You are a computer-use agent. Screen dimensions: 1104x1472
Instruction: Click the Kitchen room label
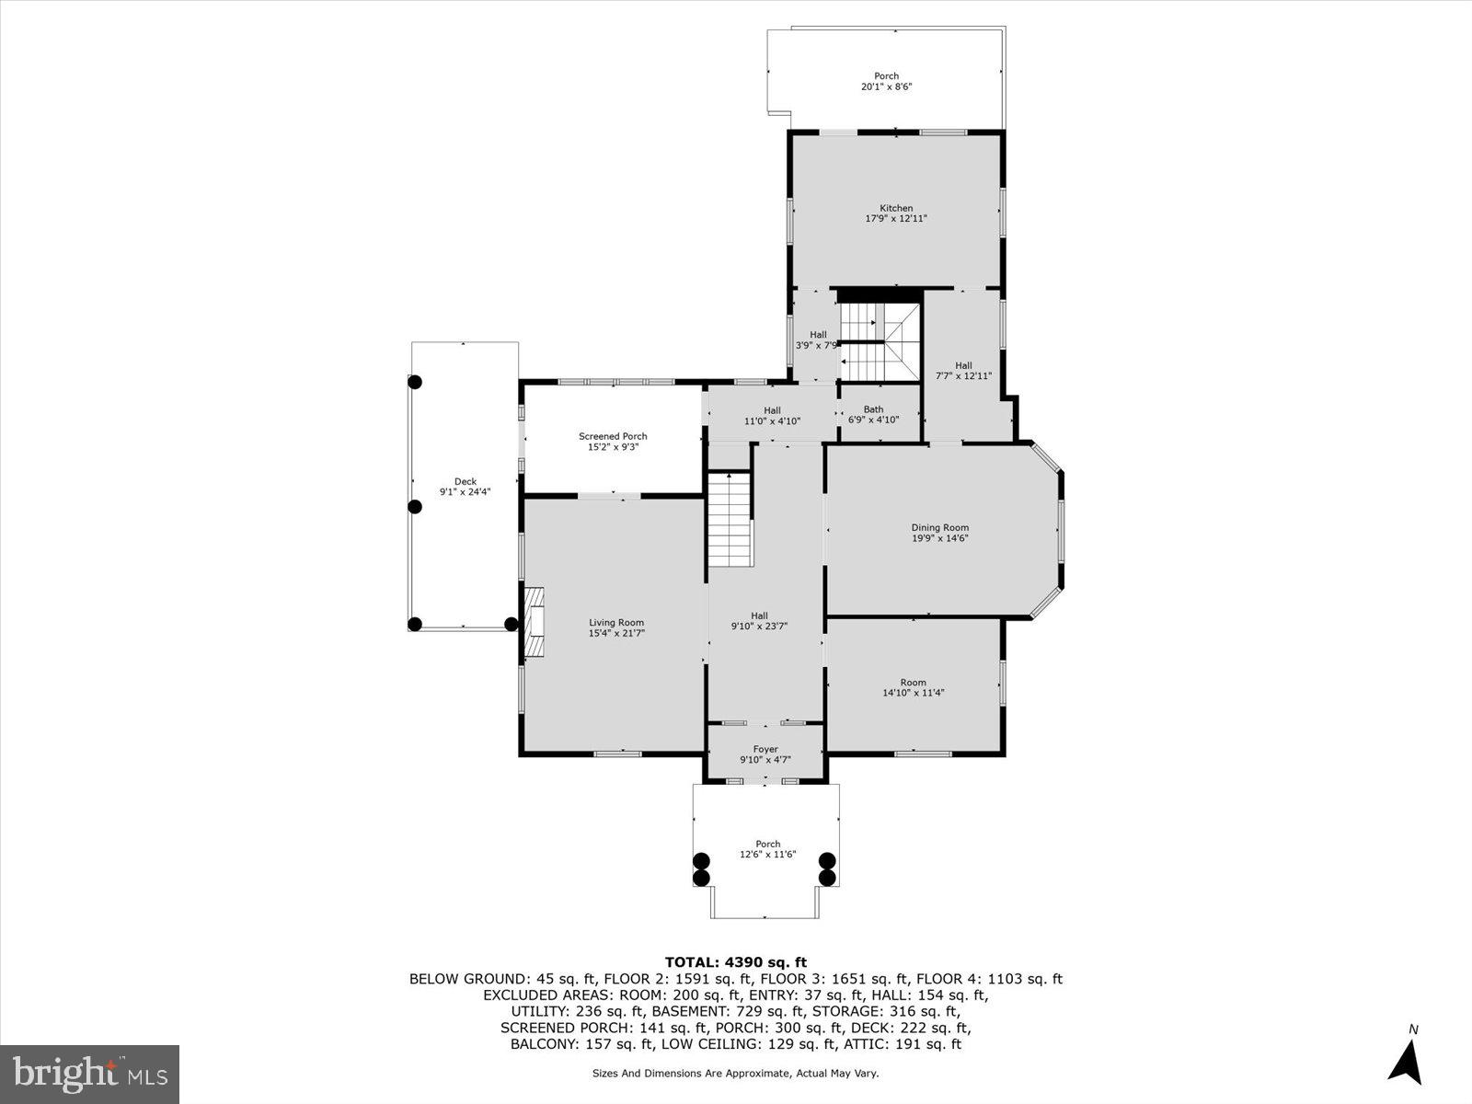point(896,208)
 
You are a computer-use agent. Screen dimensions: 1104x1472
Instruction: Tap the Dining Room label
point(939,527)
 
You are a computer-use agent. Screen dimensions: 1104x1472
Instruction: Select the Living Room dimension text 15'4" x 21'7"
point(616,633)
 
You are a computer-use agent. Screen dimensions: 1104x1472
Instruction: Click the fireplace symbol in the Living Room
point(535,624)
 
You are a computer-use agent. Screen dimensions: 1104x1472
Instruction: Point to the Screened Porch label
point(613,436)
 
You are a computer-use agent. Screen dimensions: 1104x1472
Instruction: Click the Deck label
point(466,481)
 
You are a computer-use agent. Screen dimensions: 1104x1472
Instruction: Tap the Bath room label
point(873,409)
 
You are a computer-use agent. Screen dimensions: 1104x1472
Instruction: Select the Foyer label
point(765,749)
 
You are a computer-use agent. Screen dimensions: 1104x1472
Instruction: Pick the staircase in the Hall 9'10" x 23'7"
point(730,520)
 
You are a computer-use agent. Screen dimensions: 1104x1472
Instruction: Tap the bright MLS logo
point(89,1074)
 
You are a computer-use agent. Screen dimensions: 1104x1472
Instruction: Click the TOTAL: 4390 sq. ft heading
point(736,962)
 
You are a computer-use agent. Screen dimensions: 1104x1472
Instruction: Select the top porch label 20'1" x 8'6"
point(886,81)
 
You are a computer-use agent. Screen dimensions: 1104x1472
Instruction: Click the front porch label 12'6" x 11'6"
point(767,848)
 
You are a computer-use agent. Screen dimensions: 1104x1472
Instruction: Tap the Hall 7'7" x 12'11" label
point(963,370)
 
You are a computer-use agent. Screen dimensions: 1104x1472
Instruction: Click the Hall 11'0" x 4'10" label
point(772,415)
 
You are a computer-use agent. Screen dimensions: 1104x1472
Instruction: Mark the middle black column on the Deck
point(415,506)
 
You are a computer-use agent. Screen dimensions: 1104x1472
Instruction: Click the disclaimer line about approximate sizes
point(735,1073)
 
